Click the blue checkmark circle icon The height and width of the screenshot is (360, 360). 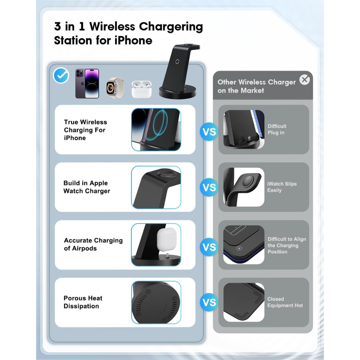[x=61, y=76]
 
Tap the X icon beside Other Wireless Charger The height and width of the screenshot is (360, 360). [x=305, y=80]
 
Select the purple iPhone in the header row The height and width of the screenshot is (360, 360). [x=87, y=84]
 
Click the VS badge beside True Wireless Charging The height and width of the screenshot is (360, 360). [x=209, y=132]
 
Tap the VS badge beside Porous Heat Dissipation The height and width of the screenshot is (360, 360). [x=209, y=302]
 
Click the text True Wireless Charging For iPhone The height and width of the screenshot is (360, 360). [x=85, y=130]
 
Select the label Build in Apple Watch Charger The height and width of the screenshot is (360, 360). [x=86, y=187]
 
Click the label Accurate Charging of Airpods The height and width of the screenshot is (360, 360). [x=93, y=244]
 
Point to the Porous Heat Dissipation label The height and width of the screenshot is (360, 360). [x=83, y=302]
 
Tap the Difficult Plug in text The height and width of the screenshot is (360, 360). [x=277, y=129]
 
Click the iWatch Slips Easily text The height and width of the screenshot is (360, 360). [x=282, y=187]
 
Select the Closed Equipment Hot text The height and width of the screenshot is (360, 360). [x=285, y=302]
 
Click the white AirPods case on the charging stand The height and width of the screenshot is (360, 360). [x=166, y=238]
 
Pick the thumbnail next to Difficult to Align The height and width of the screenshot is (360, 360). [x=244, y=245]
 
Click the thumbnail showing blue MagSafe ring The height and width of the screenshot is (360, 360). [x=156, y=130]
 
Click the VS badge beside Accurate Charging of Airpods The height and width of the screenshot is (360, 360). [x=209, y=247]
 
